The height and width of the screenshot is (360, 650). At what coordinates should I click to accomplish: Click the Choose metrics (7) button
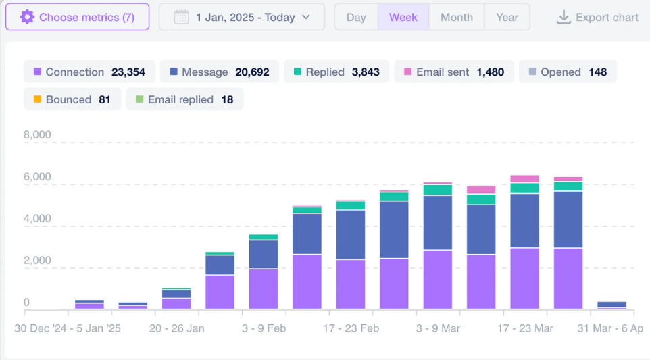coord(78,17)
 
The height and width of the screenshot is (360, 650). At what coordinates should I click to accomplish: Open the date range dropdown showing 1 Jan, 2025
coord(242,17)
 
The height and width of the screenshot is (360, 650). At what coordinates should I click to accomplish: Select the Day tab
coord(356,17)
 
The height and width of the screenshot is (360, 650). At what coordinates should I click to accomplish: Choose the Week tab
coord(403,17)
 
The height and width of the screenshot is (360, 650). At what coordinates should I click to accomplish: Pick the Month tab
coord(457,17)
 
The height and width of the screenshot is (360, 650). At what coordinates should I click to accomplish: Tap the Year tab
coord(507,17)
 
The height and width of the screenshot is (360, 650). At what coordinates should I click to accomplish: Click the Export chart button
coord(597,17)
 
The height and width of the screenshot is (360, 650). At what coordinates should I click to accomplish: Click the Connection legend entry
coord(89,72)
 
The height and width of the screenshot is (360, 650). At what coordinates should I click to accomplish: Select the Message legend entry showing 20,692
coord(220,72)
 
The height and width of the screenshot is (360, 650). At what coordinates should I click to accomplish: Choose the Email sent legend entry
coord(454,72)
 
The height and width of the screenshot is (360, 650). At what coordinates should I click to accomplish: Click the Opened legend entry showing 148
coord(568,72)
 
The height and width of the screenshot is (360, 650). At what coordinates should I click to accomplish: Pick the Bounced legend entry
coord(72,99)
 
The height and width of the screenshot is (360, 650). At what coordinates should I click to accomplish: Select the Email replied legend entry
coord(184,99)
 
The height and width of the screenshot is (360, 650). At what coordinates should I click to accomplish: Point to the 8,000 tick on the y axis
coord(37,134)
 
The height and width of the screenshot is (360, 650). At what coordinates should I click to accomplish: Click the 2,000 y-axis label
coord(37,261)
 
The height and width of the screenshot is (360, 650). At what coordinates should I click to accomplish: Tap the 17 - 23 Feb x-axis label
coord(350,328)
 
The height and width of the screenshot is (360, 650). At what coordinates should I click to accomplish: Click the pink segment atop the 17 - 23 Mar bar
coord(524,179)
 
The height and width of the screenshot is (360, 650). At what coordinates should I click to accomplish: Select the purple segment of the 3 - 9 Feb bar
coord(264,289)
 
